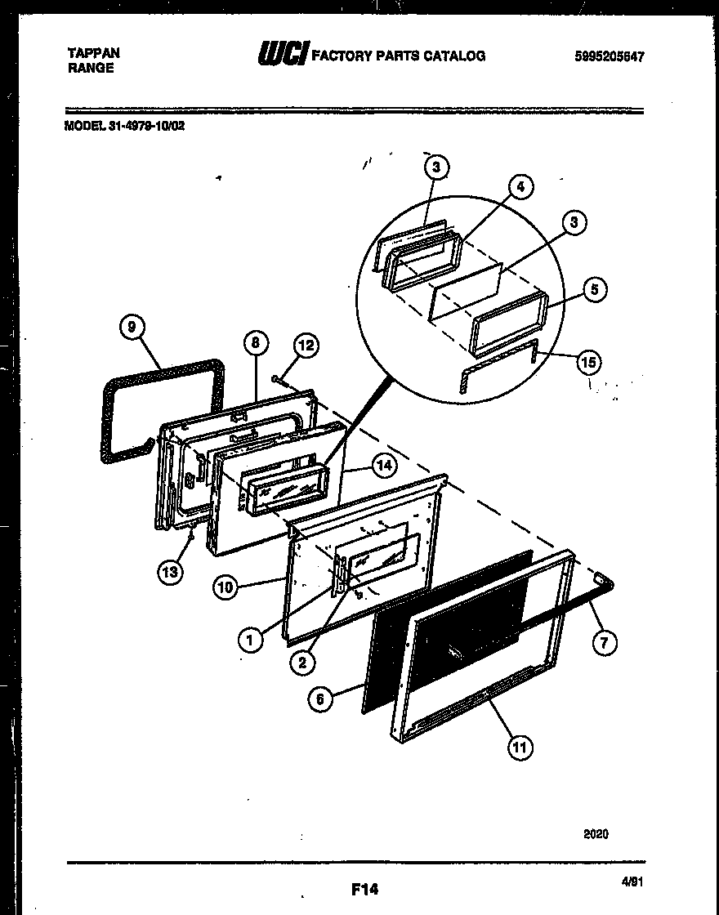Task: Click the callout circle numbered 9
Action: coord(132,328)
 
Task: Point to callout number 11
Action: coord(519,747)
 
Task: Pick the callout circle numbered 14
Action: coord(382,465)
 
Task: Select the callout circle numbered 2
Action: coord(301,663)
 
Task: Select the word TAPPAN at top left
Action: coord(93,52)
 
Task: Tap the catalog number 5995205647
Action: coord(610,56)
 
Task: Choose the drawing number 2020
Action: coord(596,834)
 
